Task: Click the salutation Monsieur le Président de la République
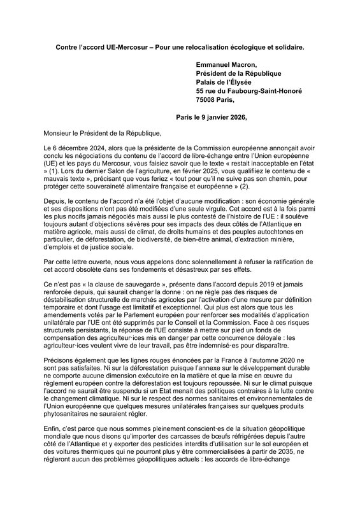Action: pos(103,134)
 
